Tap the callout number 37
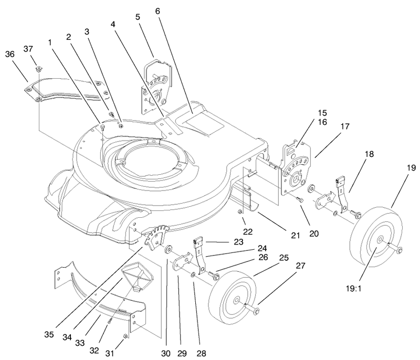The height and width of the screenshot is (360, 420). pyautogui.click(x=28, y=49)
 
